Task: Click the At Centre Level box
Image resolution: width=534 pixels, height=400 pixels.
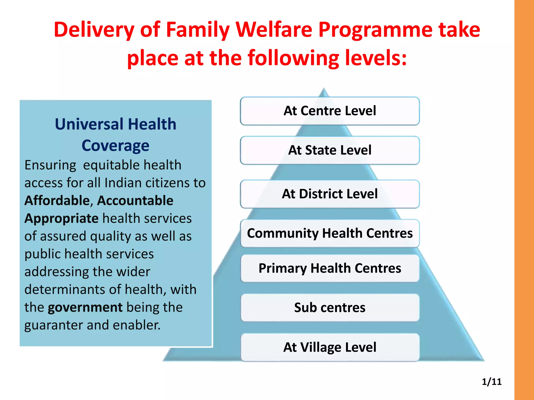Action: click(x=330, y=111)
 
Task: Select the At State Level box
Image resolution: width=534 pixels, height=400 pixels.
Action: click(x=330, y=150)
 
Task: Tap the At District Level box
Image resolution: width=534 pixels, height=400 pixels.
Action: click(x=330, y=194)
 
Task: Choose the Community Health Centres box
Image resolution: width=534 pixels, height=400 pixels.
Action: click(x=330, y=233)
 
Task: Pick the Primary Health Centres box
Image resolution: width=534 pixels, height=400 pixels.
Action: click(x=330, y=268)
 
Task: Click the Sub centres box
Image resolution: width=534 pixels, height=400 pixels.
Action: click(x=330, y=308)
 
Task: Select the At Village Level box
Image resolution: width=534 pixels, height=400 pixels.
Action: click(x=330, y=347)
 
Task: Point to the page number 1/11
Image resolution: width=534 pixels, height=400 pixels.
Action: click(x=491, y=382)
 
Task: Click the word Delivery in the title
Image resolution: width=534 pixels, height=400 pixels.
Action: click(x=94, y=30)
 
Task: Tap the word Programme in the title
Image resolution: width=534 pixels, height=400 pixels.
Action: click(x=375, y=30)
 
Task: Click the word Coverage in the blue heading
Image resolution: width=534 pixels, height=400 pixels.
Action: click(x=115, y=146)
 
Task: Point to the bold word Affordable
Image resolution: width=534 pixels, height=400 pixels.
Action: click(x=57, y=201)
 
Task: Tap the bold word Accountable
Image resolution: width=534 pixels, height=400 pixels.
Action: click(x=135, y=201)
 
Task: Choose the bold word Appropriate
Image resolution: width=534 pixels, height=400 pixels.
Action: click(x=61, y=219)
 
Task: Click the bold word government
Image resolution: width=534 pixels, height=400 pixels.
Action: click(x=85, y=308)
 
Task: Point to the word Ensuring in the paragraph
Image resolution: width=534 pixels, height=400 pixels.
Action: click(x=50, y=166)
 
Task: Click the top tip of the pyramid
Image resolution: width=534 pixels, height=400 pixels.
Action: click(x=324, y=89)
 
